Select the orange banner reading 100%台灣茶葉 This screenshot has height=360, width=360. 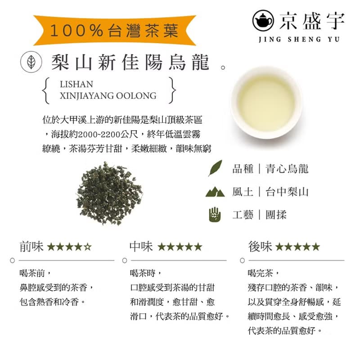115,31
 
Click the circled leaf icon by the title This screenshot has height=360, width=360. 31,62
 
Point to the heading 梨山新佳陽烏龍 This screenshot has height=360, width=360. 130,63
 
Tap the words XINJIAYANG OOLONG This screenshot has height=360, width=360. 108,95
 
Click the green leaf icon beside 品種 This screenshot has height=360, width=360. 215,168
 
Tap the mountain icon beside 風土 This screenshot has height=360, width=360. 215,192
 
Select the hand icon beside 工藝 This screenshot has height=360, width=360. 215,215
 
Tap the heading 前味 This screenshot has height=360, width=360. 31,246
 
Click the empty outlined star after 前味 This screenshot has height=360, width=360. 88,247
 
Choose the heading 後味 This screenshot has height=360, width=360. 260,246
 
